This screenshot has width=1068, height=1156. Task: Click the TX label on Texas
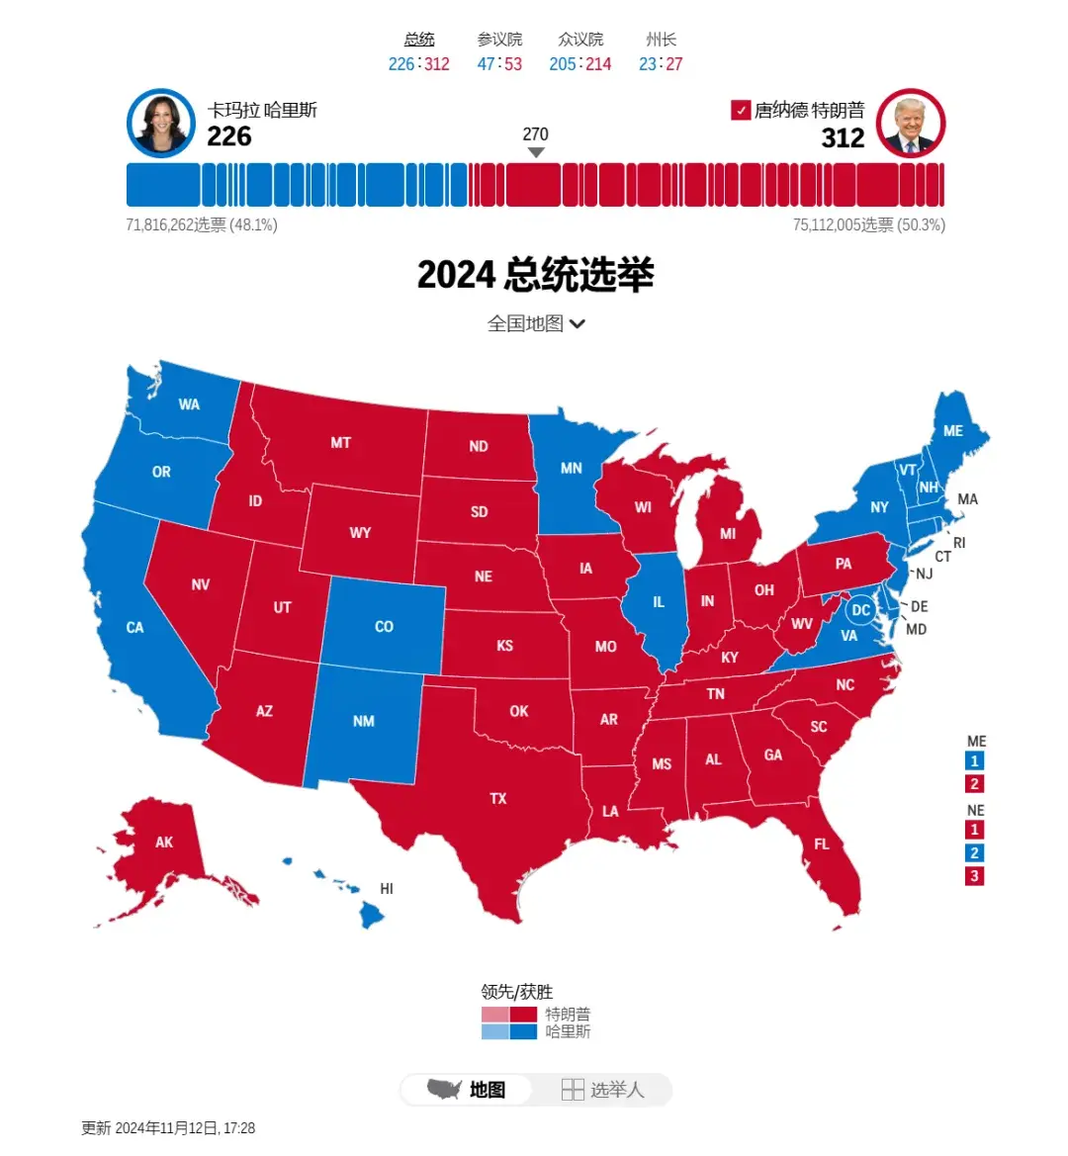(498, 798)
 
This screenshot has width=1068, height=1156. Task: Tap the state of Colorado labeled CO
(384, 626)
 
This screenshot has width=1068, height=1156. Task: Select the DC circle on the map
(861, 610)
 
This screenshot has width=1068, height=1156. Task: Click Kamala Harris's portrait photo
(161, 125)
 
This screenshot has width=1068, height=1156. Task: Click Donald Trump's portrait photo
(911, 125)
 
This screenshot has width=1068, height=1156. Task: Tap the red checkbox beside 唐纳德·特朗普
(741, 110)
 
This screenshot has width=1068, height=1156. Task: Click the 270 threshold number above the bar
(535, 134)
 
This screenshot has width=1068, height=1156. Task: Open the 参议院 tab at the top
(499, 40)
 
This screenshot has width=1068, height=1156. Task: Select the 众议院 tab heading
(580, 40)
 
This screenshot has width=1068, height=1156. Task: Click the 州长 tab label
(661, 40)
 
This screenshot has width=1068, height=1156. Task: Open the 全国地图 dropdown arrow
(578, 323)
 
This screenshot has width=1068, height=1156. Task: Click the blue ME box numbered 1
(974, 760)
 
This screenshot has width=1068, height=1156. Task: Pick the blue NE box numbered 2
(974, 852)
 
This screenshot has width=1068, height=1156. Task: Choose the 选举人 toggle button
(603, 1090)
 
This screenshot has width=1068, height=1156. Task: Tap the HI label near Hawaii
(387, 889)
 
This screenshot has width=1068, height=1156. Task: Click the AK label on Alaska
(164, 843)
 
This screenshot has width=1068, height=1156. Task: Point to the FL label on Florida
(822, 844)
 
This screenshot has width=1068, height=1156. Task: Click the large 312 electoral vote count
(843, 138)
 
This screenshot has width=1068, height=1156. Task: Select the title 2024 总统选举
(535, 275)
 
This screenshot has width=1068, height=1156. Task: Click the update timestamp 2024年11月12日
(168, 1128)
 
